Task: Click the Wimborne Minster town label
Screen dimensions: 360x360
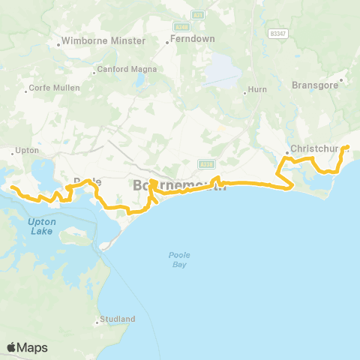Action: [x=104, y=40]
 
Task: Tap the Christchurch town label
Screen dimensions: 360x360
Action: [x=315, y=148]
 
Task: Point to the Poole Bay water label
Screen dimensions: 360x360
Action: [x=179, y=259]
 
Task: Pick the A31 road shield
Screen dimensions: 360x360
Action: [x=198, y=13]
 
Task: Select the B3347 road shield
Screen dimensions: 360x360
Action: [x=278, y=34]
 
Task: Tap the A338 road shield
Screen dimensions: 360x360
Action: [x=206, y=163]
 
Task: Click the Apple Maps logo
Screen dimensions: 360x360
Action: [x=27, y=347]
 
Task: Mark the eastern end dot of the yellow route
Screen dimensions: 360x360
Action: [x=346, y=147]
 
